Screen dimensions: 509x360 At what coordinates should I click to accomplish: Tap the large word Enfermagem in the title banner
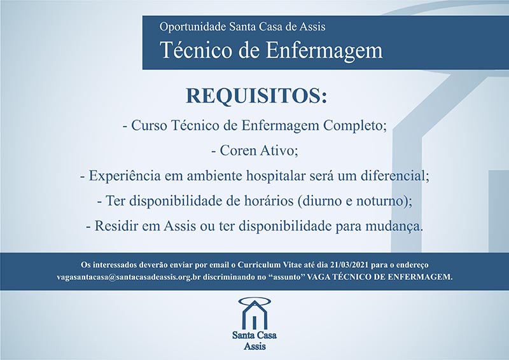[x=324, y=51]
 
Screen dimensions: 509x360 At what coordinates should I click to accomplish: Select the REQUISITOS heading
[x=256, y=96]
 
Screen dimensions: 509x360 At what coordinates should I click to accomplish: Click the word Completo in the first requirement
[x=355, y=126]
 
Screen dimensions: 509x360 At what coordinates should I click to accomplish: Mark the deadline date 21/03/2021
[x=349, y=265]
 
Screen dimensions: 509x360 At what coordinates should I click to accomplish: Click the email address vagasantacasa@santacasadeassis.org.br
[x=129, y=277]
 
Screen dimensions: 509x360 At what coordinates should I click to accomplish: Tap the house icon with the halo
[x=254, y=313]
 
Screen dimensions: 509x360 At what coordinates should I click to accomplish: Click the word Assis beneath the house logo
[x=255, y=347]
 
